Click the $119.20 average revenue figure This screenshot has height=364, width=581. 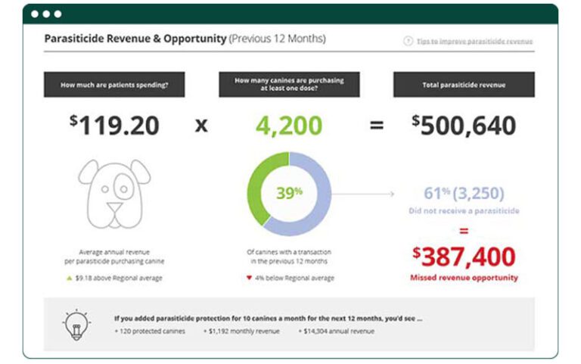click(x=114, y=125)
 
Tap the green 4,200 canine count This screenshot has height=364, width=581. click(x=289, y=125)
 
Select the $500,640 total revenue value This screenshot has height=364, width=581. click(x=464, y=125)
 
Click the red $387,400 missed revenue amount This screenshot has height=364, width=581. click(x=464, y=256)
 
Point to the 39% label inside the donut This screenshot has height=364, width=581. click(x=288, y=193)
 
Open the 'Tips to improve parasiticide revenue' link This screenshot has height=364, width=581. click(x=474, y=41)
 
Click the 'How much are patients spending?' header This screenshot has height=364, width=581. click(x=114, y=85)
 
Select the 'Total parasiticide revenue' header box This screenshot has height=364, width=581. click(x=464, y=85)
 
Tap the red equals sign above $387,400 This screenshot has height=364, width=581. click(x=464, y=230)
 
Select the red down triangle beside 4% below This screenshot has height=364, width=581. click(x=250, y=278)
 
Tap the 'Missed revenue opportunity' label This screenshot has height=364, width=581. click(x=464, y=278)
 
